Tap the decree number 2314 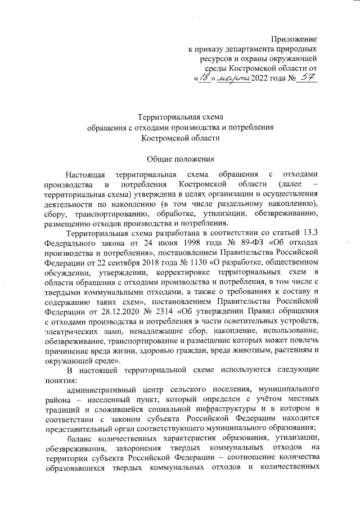click(x=164, y=310)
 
